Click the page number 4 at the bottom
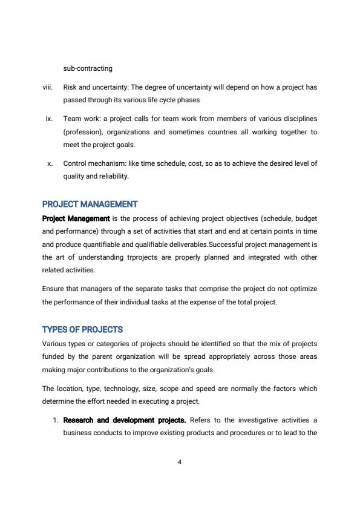(x=180, y=462)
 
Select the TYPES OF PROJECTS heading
(x=82, y=330)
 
